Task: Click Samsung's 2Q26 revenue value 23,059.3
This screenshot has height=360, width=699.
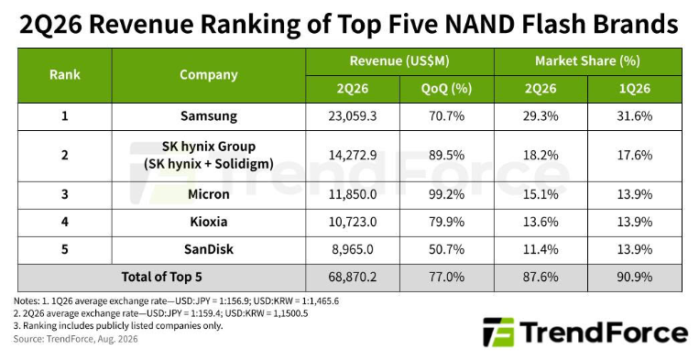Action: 352,116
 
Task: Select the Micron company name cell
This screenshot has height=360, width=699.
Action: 209,194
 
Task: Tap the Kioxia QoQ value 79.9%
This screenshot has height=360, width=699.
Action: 446,222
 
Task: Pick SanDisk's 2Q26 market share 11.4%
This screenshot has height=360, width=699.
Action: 541,248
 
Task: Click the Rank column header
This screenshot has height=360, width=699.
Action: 65,75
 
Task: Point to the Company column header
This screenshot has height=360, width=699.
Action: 209,75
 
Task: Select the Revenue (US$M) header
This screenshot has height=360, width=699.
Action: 399,61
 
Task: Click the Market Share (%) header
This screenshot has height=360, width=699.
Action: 587,61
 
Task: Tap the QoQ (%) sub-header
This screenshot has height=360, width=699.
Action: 446,89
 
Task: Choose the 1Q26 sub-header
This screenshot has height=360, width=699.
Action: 634,89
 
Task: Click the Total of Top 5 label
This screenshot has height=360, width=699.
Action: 161,278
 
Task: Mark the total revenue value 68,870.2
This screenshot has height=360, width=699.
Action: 352,278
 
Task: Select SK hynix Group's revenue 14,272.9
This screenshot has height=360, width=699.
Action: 352,155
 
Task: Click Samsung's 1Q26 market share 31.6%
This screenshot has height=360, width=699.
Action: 634,116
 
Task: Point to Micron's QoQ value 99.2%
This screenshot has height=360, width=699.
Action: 446,194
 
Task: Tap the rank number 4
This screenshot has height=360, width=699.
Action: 65,222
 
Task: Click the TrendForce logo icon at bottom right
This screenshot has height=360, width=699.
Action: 498,332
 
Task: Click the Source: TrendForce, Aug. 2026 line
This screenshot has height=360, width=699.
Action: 75,339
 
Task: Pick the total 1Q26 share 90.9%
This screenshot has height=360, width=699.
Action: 634,278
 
